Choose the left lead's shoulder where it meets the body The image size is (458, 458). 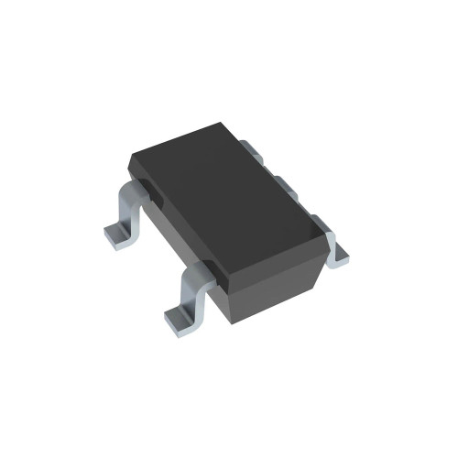click(137, 188)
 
